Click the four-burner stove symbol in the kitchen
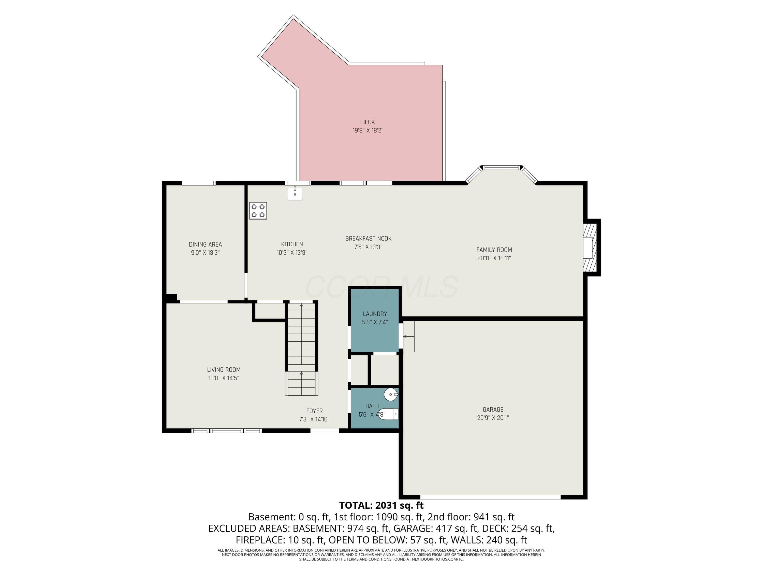coord(258,211)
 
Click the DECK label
coord(368,122)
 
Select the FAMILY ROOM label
coord(494,250)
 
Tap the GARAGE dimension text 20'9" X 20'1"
coord(493,417)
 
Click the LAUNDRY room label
coord(375,314)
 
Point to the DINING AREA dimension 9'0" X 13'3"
coord(205,253)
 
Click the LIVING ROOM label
coord(224,370)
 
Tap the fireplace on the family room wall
coord(591,247)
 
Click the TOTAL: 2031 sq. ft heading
coord(381,505)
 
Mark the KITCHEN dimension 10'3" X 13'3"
coord(292,253)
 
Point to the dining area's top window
coord(199,183)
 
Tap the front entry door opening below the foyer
coord(324,431)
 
